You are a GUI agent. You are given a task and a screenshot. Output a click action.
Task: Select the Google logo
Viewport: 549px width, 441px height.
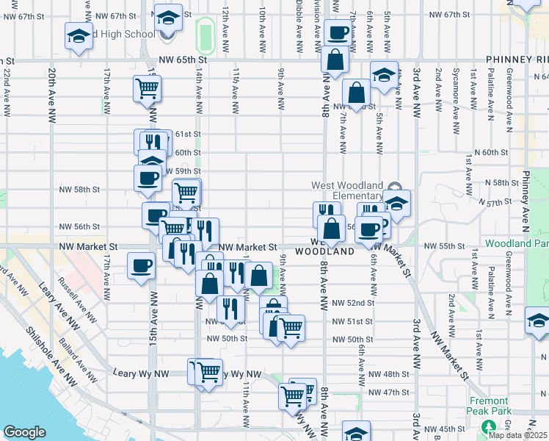point(24,432)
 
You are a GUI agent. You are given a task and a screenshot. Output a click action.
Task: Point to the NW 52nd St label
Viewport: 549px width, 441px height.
point(353,303)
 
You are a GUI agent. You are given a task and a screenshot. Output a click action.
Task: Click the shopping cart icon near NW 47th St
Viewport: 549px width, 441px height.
point(292,395)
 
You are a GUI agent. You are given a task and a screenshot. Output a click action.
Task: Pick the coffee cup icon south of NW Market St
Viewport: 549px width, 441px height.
point(141,266)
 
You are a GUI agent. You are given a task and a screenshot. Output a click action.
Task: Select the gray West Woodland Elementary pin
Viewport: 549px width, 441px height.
point(395,187)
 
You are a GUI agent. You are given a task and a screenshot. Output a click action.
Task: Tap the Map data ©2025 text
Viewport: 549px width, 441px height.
point(518,435)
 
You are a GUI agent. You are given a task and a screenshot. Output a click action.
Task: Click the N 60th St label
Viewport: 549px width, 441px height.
point(492,152)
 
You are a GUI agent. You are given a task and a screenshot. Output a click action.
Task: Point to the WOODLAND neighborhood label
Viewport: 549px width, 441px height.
point(325,251)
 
